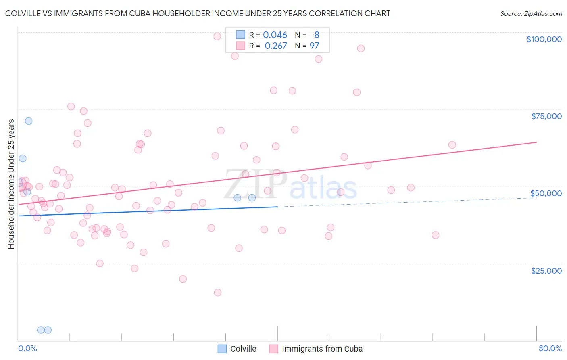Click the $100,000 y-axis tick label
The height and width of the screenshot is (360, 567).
544,39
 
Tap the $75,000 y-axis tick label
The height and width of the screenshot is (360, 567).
546,116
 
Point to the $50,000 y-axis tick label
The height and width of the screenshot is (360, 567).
546,193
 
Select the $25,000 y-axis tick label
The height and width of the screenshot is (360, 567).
546,270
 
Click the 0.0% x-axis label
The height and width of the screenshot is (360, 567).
27,348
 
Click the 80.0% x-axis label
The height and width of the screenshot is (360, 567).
550,348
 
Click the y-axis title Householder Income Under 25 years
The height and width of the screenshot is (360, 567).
11,184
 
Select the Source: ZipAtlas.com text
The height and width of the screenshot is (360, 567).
531,14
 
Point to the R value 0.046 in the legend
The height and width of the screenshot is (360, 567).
275,35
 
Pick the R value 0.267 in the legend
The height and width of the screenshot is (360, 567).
276,46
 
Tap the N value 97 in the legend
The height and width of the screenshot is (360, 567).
314,46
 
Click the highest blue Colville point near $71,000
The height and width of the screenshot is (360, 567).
29,121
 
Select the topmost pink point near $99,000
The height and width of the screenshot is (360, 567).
217,36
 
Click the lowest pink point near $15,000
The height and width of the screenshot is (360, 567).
218,293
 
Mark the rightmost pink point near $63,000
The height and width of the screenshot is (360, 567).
452,145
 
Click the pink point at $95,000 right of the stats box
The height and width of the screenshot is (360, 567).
361,48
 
